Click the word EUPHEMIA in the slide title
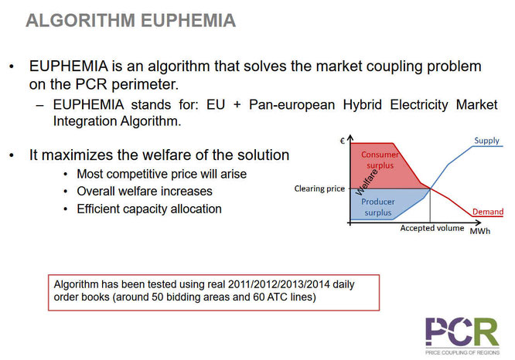(189, 20)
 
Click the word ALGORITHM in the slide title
(80, 20)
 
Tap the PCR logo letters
(462, 331)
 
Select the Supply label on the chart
(486, 141)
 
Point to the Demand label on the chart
(488, 212)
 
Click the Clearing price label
(319, 188)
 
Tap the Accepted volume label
(432, 228)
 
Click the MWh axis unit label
(480, 231)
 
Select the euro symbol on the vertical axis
(343, 141)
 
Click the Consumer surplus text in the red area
(380, 160)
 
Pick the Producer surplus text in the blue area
(378, 207)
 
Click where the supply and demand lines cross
(430, 188)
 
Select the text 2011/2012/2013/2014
(279, 284)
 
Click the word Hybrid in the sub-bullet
(362, 105)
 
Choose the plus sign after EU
(237, 105)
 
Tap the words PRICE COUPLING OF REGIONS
(462, 352)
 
